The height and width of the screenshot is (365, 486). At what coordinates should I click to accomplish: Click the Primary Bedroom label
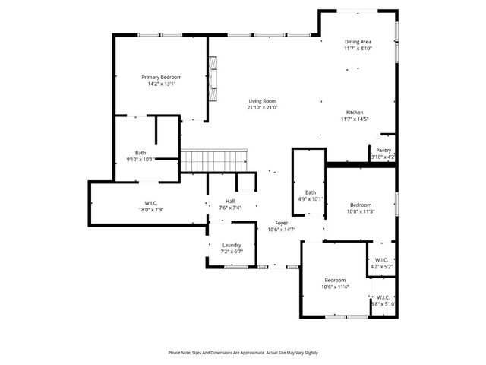tap(161, 77)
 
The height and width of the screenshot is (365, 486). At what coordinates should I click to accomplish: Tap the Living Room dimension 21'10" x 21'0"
tap(262, 108)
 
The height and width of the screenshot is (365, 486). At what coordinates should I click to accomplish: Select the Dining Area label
tap(358, 42)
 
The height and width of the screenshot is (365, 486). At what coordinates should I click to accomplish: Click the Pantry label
tap(383, 151)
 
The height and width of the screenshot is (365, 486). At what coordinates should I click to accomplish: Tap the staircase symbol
tap(214, 160)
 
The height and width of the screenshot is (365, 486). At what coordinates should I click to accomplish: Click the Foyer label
tap(281, 223)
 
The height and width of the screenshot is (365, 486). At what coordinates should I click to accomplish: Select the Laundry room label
tap(232, 245)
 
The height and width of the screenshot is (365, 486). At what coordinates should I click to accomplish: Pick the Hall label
tap(219, 202)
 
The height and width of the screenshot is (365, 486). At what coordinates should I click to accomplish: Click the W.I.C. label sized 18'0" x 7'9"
tap(150, 203)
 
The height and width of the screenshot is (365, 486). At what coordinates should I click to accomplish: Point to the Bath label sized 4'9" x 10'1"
tap(311, 192)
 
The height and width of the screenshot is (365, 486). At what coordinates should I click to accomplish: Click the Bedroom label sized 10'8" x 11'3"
tap(361, 205)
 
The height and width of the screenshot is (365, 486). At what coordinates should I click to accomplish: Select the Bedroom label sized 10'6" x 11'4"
tap(335, 280)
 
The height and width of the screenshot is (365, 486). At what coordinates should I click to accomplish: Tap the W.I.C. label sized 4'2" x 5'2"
tap(381, 261)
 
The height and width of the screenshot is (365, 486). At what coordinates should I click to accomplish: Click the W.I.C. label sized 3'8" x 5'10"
tap(383, 297)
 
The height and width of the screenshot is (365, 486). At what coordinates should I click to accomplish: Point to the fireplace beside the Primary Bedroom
tap(213, 79)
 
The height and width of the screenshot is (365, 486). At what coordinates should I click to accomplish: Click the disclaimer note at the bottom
tap(243, 353)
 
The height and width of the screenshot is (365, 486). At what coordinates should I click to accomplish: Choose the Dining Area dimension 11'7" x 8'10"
tap(358, 49)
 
